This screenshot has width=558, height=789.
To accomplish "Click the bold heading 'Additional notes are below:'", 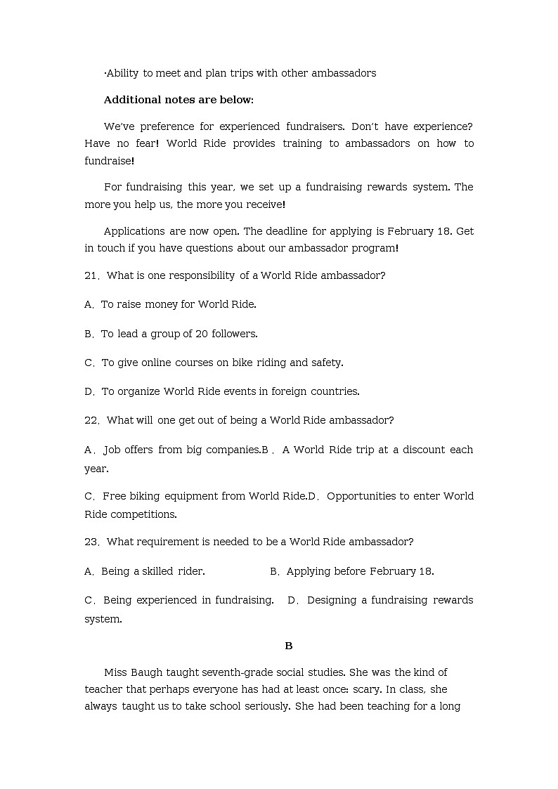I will pyautogui.click(x=179, y=100).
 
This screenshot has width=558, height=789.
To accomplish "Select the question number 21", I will pyautogui.click(x=91, y=275).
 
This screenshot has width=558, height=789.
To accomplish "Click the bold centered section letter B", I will pyautogui.click(x=288, y=646).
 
